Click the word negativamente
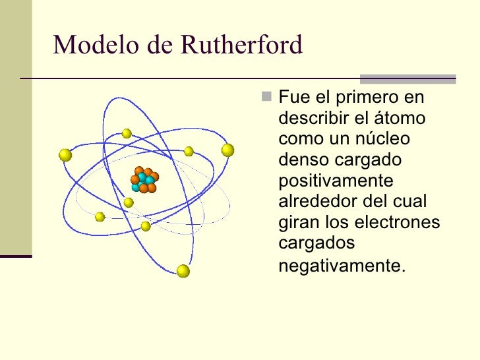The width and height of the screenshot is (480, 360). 340,266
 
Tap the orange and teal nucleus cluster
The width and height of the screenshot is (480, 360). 144,179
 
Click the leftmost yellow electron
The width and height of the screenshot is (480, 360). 65,155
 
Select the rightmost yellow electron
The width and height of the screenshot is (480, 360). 227,150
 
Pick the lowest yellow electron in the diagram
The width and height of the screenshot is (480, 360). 183,271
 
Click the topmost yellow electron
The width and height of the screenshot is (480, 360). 127,133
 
